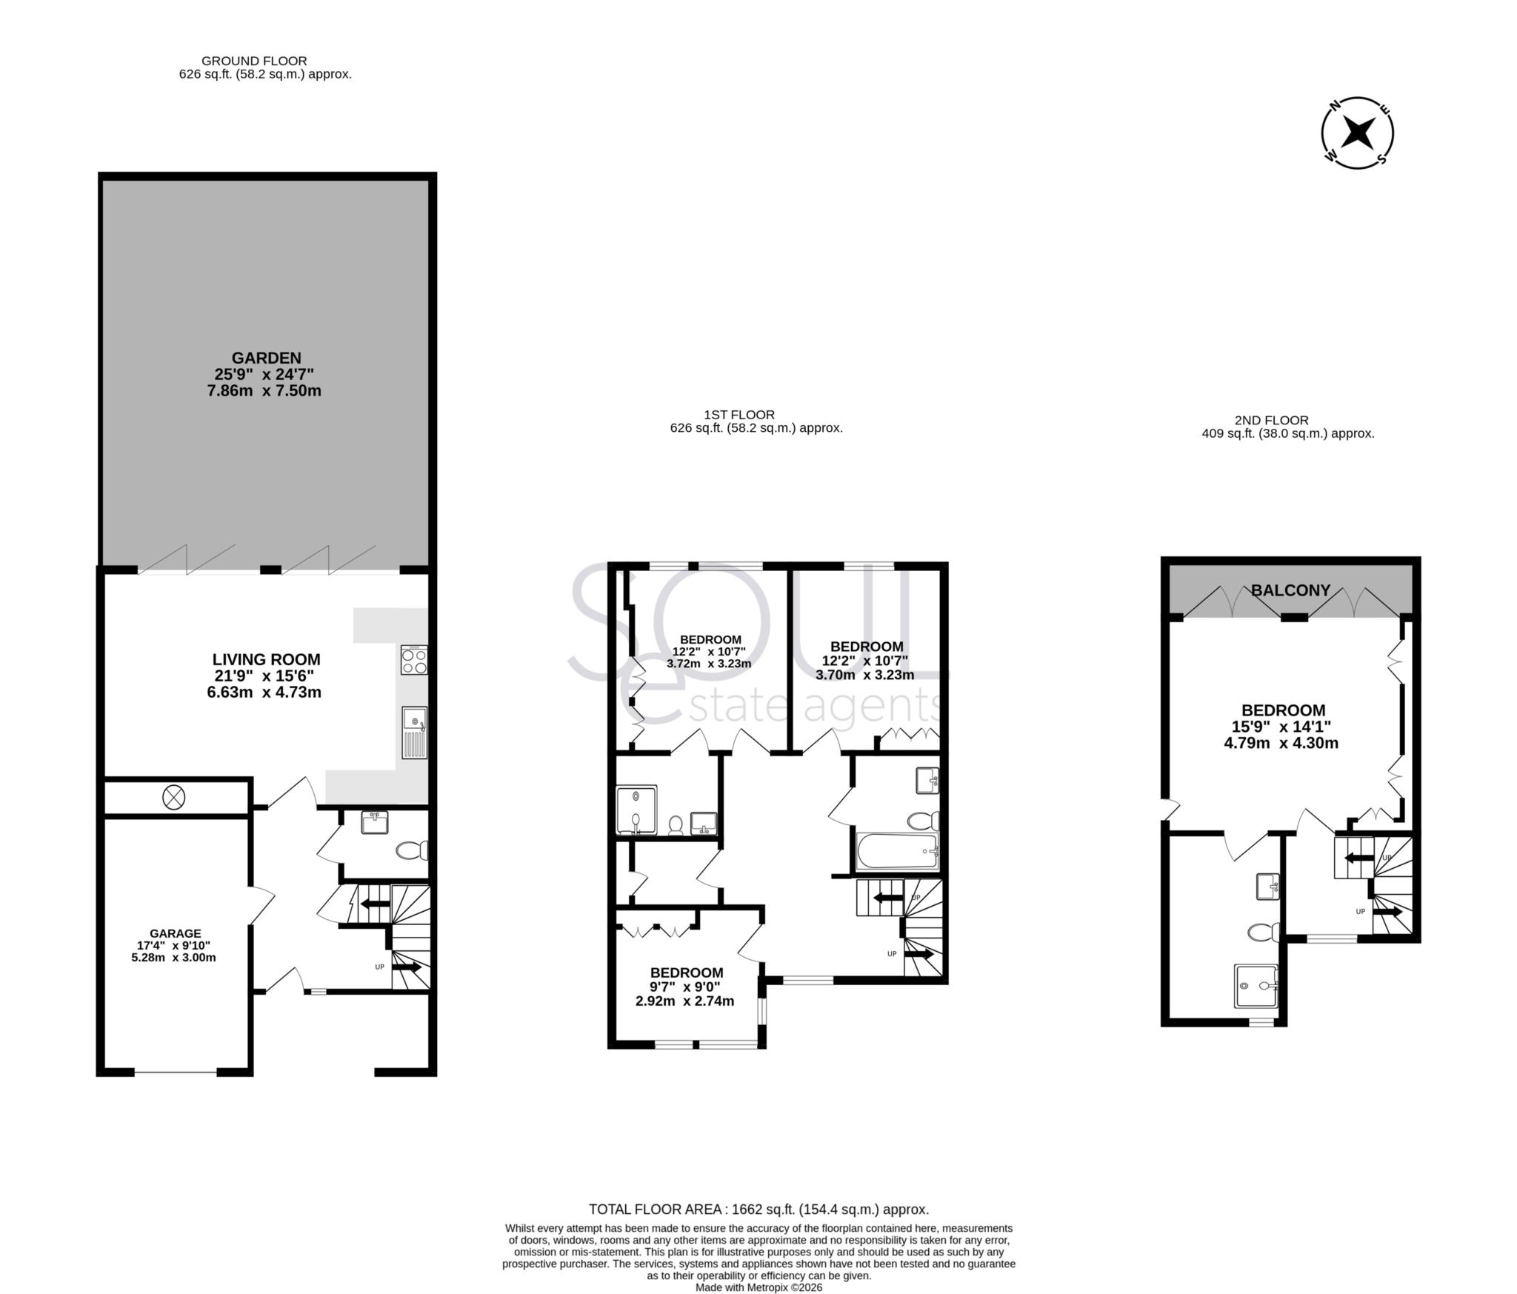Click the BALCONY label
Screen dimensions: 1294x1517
(1290, 590)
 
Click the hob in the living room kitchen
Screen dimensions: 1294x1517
(414, 659)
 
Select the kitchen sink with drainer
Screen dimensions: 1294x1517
(415, 733)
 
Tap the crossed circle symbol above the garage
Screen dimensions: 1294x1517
(173, 798)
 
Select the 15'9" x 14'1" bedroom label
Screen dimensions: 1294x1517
(1283, 726)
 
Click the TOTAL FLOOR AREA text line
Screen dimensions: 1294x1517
(758, 1210)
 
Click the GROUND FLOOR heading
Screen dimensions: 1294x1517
(254, 61)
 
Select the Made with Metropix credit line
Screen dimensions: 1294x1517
(758, 1287)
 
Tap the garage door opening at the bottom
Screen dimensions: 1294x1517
(176, 1072)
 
